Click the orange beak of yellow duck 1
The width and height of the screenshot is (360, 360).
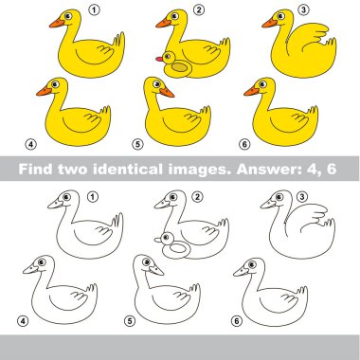pyautogui.click(x=57, y=24)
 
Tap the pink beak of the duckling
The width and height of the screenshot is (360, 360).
pyautogui.click(x=159, y=59)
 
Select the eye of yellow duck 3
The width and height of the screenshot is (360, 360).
pyautogui.click(x=280, y=15)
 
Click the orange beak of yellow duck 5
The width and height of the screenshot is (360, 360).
pyautogui.click(x=167, y=93)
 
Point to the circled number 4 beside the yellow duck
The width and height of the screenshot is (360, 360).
pyautogui.click(x=30, y=145)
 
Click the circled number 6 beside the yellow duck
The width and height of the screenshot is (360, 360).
pyautogui.click(x=244, y=145)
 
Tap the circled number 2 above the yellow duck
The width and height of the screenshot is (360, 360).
pyautogui.click(x=198, y=10)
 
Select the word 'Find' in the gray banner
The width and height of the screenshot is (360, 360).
pyautogui.click(x=36, y=169)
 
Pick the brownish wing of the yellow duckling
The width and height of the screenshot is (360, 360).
pyautogui.click(x=179, y=67)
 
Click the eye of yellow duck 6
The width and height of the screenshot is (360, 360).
pyautogui.click(x=262, y=83)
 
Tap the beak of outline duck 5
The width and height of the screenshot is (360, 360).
pyautogui.click(x=156, y=270)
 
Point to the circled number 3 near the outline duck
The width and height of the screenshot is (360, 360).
pyautogui.click(x=302, y=197)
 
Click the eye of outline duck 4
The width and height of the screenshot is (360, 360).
pyautogui.click(x=42, y=261)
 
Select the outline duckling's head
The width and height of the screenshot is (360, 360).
pyautogui.click(x=167, y=238)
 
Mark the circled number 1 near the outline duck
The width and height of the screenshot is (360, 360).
pyautogui.click(x=92, y=197)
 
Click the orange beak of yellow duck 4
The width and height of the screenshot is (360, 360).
pyautogui.click(x=44, y=92)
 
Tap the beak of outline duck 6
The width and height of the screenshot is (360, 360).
pyautogui.click(x=241, y=272)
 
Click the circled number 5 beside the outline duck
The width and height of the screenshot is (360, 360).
pyautogui.click(x=130, y=321)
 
